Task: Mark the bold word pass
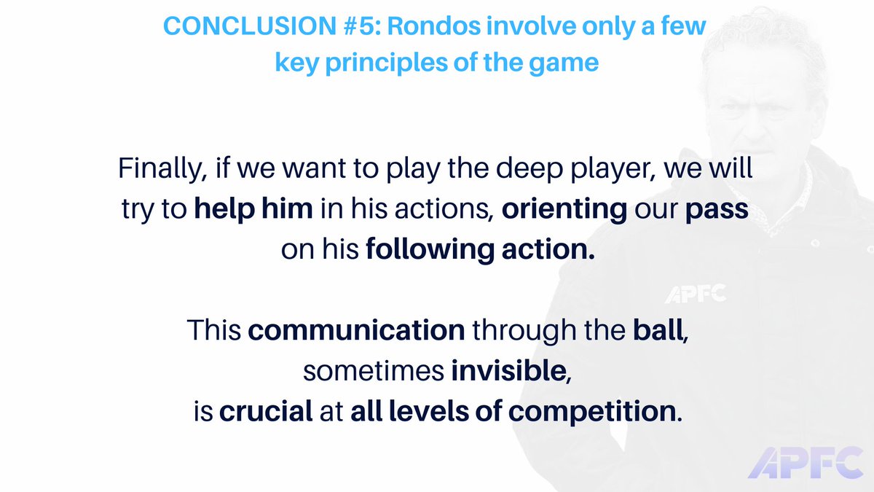click(x=720, y=210)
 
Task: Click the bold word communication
click(x=356, y=330)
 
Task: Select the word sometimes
click(x=373, y=370)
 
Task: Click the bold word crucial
click(x=265, y=410)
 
